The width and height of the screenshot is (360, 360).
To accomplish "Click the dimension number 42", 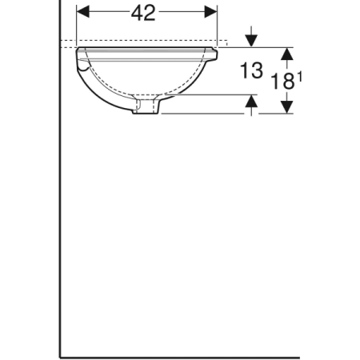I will (144, 14).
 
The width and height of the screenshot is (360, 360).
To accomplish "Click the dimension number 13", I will (250, 70).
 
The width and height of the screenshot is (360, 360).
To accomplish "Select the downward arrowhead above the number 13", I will (252, 41).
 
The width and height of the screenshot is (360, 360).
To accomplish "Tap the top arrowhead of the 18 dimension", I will (286, 54).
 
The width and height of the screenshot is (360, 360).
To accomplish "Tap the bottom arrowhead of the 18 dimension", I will (286, 106).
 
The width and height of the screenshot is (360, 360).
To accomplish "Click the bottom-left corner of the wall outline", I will (60, 356).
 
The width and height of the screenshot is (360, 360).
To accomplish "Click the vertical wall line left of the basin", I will (60, 200).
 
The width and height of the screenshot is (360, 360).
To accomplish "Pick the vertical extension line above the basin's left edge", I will (76, 24).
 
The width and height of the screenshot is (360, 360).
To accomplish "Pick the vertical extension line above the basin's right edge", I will (217, 24).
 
